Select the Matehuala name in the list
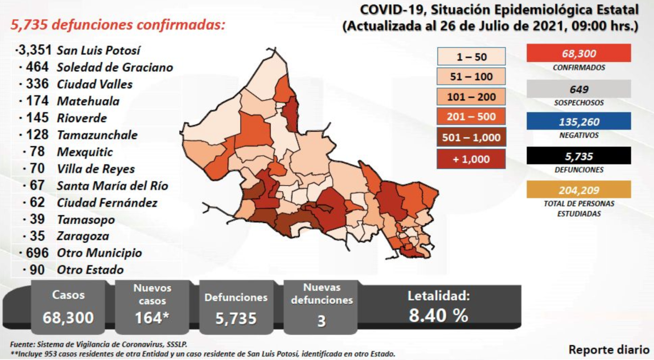[88, 101]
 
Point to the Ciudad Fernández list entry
[107, 202]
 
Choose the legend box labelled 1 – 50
[471, 57]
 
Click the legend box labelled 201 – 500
[471, 117]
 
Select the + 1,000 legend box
[471, 159]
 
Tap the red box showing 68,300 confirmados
[579, 53]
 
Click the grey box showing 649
[579, 89]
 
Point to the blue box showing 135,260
[579, 122]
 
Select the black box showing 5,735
[579, 156]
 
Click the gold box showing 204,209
[579, 190]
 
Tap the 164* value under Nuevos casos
[152, 318]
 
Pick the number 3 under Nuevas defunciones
[322, 321]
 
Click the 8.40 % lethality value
[438, 315]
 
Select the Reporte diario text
[609, 350]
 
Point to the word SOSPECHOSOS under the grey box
[579, 103]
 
